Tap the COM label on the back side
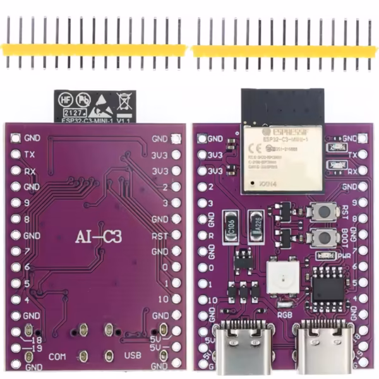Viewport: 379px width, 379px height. click(x=57, y=356)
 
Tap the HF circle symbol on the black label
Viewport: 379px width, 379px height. click(x=65, y=99)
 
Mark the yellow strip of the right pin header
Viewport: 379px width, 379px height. click(x=284, y=50)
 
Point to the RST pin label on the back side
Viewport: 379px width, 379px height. click(x=159, y=236)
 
